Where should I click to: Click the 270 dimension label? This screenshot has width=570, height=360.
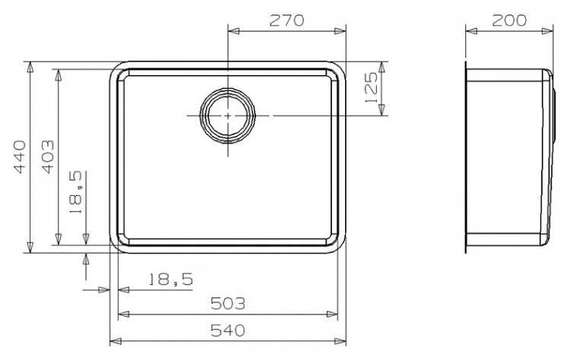(287, 21)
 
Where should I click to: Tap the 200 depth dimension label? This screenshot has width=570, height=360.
(509, 21)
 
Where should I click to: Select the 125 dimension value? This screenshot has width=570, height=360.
(371, 87)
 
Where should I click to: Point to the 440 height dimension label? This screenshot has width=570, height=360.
(18, 157)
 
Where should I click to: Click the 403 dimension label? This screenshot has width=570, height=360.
(48, 157)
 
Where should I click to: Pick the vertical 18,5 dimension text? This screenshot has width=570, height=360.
(77, 193)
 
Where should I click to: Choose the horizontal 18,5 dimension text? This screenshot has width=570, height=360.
(171, 279)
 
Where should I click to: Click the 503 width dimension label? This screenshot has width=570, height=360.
(228, 303)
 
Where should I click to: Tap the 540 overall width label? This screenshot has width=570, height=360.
(228, 330)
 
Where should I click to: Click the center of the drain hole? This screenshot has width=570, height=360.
(227, 115)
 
